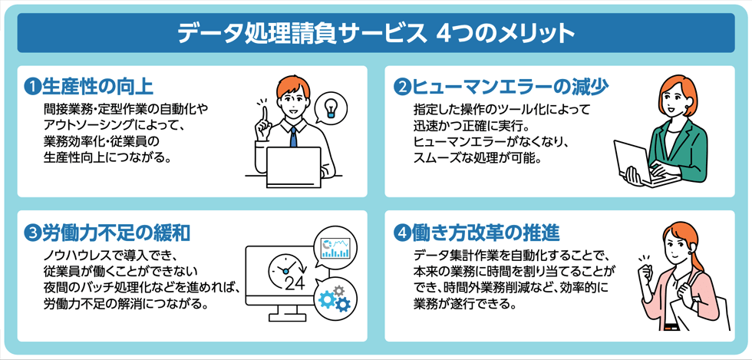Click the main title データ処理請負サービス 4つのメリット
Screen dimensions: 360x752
tap(375, 33)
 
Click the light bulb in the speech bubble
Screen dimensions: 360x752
tap(331, 106)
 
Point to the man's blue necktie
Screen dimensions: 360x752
tap(293, 137)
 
